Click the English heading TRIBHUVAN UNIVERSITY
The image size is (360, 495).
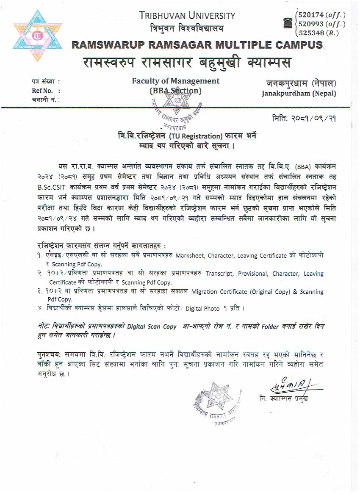[187, 16]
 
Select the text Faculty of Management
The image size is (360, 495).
[176, 80]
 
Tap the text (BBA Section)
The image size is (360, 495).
[176, 91]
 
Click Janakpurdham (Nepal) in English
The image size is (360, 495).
[299, 93]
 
